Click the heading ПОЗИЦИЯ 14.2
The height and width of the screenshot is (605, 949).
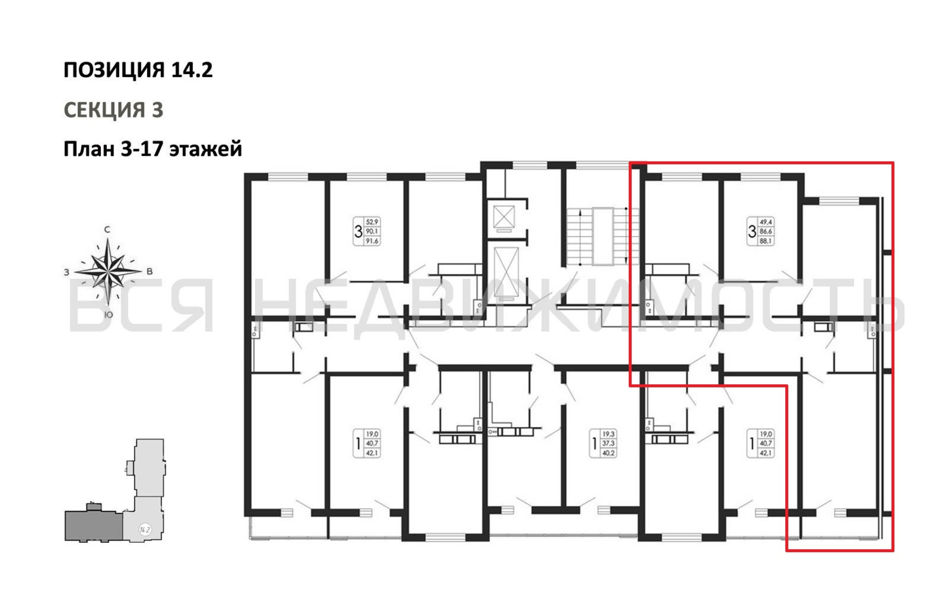tap(138, 70)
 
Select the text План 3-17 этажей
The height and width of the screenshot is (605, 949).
tap(152, 149)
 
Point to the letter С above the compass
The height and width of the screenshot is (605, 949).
tap(107, 229)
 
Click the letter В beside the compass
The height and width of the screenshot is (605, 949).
tap(149, 271)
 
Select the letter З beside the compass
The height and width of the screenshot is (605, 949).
tap(67, 272)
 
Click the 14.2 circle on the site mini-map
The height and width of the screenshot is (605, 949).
tap(145, 529)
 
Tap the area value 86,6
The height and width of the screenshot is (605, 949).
tap(766, 231)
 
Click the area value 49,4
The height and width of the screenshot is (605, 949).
tap(766, 222)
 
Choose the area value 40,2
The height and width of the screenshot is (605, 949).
tap(608, 453)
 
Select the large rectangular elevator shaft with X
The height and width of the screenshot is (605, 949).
tap(506, 273)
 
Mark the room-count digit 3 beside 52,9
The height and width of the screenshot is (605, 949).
tap(358, 231)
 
